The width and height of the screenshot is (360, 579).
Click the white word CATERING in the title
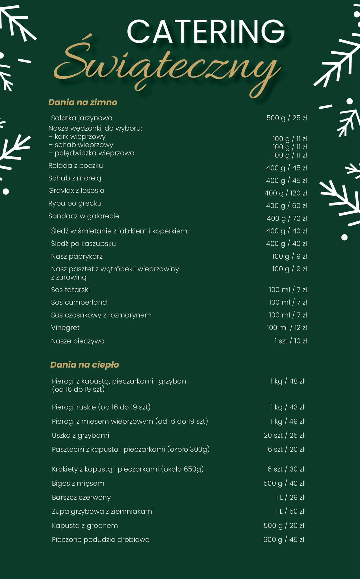(x=206, y=31)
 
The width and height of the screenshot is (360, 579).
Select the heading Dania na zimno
(x=83, y=102)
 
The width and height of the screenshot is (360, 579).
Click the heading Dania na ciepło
(x=84, y=365)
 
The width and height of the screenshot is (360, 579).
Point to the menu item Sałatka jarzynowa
(x=82, y=118)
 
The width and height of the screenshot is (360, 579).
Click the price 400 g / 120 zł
(x=285, y=193)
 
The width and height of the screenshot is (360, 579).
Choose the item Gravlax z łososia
(x=76, y=191)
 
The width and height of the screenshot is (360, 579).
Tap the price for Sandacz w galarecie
(x=287, y=218)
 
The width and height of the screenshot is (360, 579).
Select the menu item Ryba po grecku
(x=75, y=203)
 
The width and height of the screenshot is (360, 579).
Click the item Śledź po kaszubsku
(x=83, y=244)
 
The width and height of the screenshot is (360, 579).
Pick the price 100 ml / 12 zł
(x=287, y=328)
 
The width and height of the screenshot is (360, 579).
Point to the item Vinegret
(x=65, y=328)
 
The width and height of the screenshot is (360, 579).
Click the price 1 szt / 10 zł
(x=290, y=341)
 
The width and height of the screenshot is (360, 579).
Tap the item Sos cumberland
(x=79, y=302)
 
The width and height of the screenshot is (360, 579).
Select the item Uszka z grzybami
(x=81, y=435)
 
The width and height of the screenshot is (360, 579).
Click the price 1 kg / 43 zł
(x=287, y=407)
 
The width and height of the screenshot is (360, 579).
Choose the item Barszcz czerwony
(x=81, y=497)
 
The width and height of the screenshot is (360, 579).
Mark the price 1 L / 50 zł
(x=290, y=511)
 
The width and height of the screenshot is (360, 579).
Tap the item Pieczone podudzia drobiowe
(x=101, y=539)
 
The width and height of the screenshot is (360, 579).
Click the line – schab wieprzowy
(x=81, y=145)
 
